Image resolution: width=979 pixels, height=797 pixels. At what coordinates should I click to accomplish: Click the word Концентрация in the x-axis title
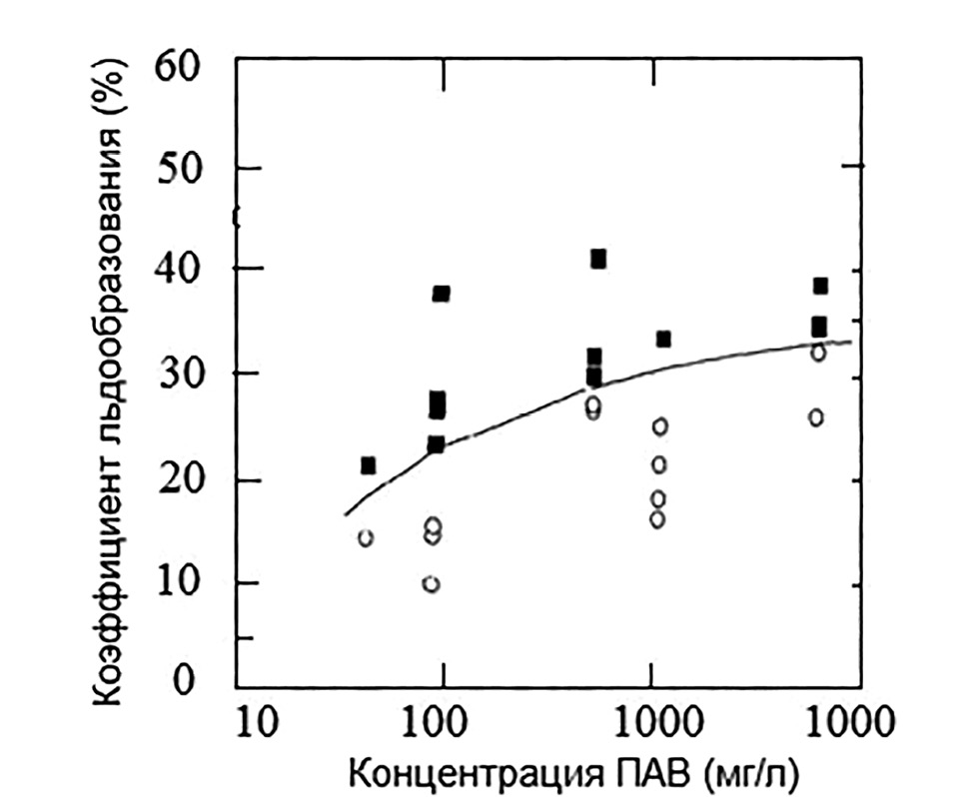tap(465, 773)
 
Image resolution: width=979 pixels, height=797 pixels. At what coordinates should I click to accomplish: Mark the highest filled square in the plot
tap(598, 260)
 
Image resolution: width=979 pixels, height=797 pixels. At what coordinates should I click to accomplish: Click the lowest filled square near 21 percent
tap(368, 465)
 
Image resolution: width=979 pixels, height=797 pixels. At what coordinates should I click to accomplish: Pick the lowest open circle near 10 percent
tap(431, 584)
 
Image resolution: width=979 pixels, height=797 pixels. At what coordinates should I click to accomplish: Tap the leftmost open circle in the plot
tap(366, 538)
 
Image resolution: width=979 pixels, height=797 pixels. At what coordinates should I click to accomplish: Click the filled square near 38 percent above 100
tap(441, 294)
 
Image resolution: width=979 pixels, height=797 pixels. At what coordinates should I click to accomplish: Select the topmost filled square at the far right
tap(820, 287)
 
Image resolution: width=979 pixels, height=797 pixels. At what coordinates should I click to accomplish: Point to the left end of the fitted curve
tap(346, 514)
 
